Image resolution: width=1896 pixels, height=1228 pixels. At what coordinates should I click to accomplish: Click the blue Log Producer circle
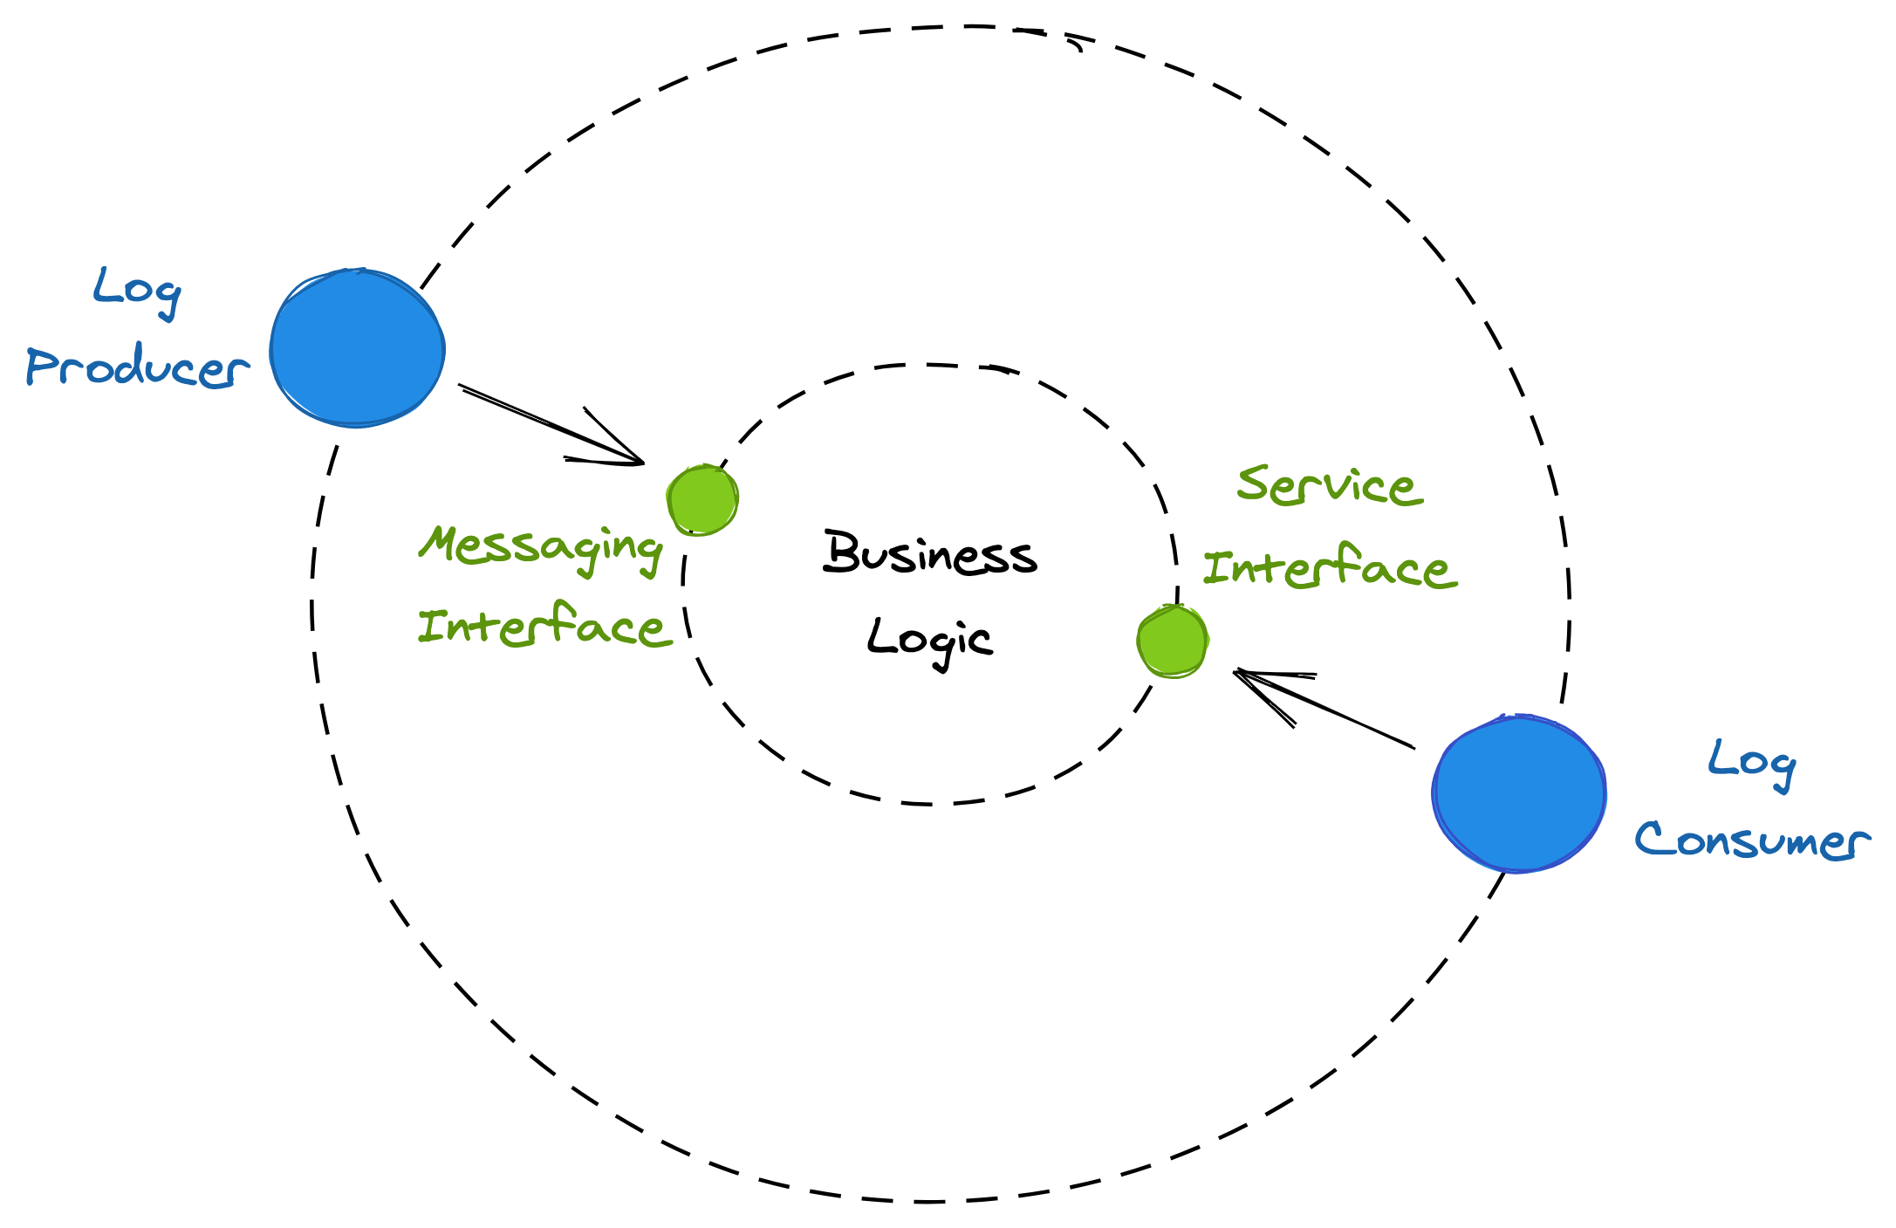(x=357, y=347)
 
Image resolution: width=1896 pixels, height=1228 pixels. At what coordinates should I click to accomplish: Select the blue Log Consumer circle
(x=1519, y=792)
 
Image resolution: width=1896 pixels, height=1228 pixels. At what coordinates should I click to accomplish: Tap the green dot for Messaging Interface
(x=702, y=499)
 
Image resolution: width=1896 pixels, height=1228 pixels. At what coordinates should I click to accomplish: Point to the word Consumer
(x=1752, y=840)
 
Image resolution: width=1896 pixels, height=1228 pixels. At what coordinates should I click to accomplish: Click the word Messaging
(x=541, y=547)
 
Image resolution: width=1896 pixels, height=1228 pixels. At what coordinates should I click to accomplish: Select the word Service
(x=1330, y=485)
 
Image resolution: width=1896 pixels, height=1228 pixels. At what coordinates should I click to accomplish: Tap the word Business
(x=930, y=553)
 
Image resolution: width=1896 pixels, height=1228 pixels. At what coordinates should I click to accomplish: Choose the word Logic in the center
(x=930, y=639)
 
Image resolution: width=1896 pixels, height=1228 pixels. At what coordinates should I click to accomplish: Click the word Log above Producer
(x=137, y=290)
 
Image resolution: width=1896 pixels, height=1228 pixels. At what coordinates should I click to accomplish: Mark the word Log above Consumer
(x=1751, y=762)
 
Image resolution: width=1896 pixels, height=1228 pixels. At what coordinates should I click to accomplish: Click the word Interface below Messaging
(x=544, y=625)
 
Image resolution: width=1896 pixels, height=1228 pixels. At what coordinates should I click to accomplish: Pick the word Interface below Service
(x=1330, y=567)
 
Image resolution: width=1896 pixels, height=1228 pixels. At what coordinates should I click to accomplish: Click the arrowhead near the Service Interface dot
(x=1248, y=677)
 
